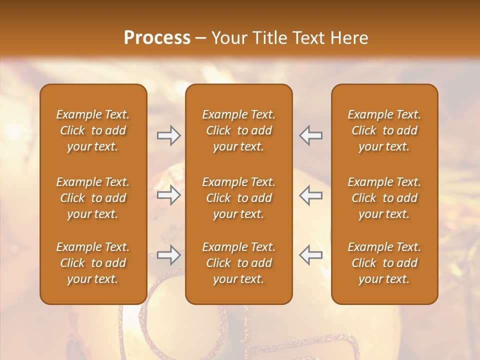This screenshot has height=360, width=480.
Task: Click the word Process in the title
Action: pyautogui.click(x=157, y=37)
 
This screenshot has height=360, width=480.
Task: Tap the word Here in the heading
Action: pyautogui.click(x=349, y=37)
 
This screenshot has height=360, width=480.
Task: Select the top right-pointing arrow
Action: pyautogui.click(x=169, y=135)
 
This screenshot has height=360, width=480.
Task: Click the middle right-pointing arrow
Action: pyautogui.click(x=169, y=195)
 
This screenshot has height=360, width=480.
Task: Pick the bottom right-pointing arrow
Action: pyautogui.click(x=169, y=255)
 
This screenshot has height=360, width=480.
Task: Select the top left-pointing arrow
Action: pyautogui.click(x=311, y=135)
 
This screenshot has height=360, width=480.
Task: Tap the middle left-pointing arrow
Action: pyautogui.click(x=311, y=195)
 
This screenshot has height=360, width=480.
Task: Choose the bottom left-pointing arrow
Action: pyautogui.click(x=311, y=255)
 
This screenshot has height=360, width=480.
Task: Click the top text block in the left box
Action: pyautogui.click(x=93, y=130)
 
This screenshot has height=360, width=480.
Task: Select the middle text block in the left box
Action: pyautogui.click(x=93, y=198)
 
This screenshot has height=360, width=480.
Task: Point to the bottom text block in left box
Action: pyautogui.click(x=93, y=263)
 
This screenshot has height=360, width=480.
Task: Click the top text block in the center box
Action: pyautogui.click(x=238, y=130)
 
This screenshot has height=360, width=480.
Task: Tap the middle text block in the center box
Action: pyautogui.click(x=238, y=198)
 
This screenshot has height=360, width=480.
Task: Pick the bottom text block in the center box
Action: pyautogui.click(x=238, y=263)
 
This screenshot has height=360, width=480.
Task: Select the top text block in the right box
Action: pyautogui.click(x=384, y=130)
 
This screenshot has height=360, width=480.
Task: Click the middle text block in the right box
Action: pyautogui.click(x=384, y=198)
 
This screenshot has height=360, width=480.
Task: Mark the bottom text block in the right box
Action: pyautogui.click(x=384, y=263)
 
